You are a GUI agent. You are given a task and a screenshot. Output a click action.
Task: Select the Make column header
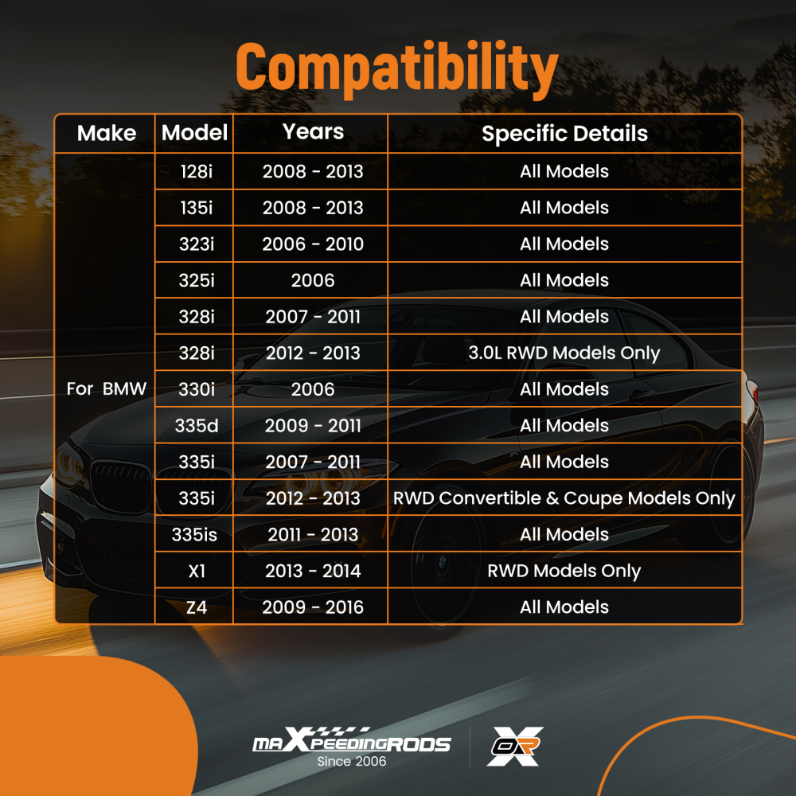tap(107, 134)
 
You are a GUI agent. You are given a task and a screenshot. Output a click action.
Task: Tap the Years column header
tap(313, 132)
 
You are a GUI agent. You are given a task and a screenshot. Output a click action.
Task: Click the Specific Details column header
tap(564, 134)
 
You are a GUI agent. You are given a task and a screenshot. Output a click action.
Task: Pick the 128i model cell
tap(197, 172)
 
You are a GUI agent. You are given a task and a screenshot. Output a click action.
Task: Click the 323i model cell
tap(197, 244)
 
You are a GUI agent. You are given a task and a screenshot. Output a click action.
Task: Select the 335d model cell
tap(197, 425)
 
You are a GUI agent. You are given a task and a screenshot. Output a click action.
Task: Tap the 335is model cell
tap(194, 535)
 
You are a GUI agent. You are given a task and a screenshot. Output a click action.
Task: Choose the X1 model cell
tap(197, 571)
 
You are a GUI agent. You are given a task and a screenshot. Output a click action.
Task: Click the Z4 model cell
tap(197, 607)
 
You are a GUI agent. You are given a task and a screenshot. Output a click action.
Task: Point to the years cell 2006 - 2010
tap(313, 244)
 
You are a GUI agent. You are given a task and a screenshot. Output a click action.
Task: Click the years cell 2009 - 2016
tap(313, 607)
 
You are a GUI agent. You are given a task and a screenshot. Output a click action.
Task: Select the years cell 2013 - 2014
tap(313, 571)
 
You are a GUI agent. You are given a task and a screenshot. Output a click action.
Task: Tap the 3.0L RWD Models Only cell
tap(564, 353)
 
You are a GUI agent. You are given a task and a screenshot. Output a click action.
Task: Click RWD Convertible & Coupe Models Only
tap(564, 498)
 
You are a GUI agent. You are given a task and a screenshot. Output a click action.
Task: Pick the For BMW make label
tap(107, 389)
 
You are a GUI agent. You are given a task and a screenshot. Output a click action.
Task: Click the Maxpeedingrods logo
tap(351, 740)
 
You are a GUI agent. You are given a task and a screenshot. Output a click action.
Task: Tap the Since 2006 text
tap(351, 762)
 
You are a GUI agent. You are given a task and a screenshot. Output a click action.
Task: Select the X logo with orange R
tap(515, 746)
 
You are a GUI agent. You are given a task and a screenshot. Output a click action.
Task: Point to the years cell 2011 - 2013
tap(313, 535)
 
